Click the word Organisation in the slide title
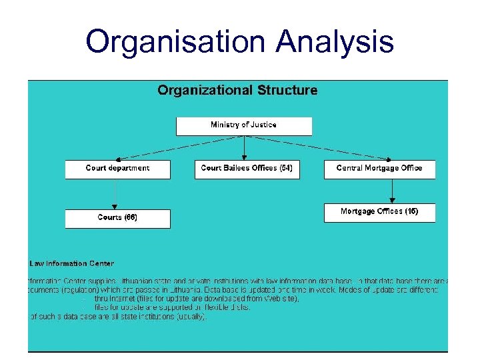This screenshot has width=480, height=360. coord(175,42)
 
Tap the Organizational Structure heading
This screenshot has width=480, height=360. coord(237,90)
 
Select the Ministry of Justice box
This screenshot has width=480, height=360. coord(243,125)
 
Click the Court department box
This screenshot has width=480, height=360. coord(117,169)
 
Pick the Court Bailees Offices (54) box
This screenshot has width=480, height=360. coord(246,169)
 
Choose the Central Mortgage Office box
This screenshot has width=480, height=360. coord(379,169)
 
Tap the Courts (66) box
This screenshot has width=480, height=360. coord(117,218)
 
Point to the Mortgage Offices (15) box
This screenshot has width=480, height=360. coord(379,212)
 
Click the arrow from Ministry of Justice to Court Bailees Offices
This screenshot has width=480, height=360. coord(245,147)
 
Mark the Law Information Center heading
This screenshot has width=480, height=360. coord(72,264)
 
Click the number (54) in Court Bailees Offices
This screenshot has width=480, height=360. coord(285,168)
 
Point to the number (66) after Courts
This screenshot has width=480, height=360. coord(131,218)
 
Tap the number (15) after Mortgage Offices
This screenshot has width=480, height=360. coord(412,212)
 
